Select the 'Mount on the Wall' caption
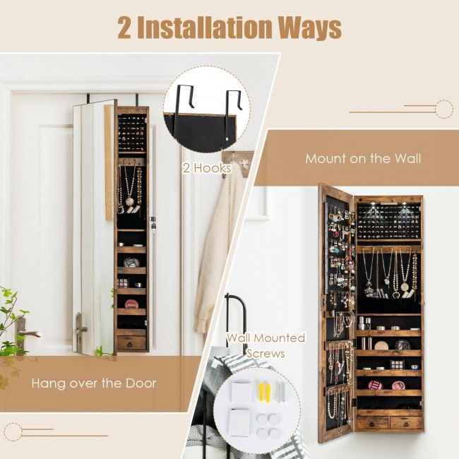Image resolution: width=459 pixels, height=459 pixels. click(363, 158)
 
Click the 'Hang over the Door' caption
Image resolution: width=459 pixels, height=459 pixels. click(93, 383)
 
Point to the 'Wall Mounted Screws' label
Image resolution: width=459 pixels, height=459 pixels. click(266, 344)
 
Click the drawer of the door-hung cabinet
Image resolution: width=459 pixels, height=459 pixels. click(131, 343)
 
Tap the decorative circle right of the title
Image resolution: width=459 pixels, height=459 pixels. click(443, 109)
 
